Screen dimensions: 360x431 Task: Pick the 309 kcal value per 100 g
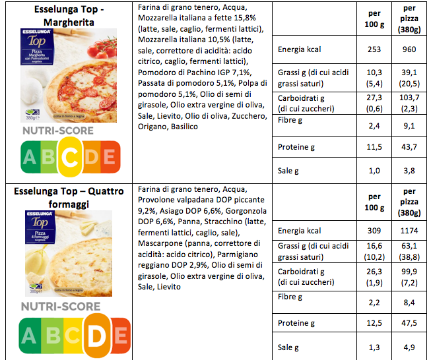tap(374, 231)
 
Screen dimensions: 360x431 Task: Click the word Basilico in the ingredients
tap(181, 126)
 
